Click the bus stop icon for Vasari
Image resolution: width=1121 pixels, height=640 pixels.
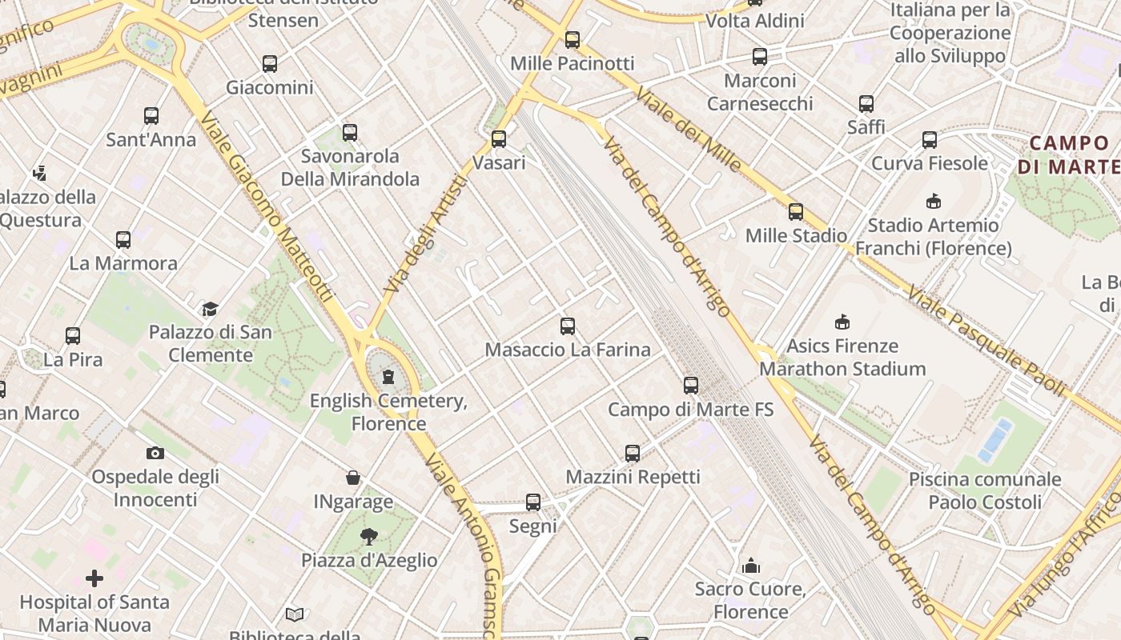point(499,139)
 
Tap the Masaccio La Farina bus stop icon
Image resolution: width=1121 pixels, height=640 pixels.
point(568,326)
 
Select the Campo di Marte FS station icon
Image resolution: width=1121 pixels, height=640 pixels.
point(691,386)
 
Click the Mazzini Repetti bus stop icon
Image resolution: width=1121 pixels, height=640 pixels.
point(633,454)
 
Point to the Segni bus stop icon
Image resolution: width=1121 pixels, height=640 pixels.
point(533,502)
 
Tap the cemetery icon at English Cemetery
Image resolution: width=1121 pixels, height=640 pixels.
point(388,376)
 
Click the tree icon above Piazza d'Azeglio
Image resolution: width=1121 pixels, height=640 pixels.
point(369,536)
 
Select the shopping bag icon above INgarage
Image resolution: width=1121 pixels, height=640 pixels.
point(353,478)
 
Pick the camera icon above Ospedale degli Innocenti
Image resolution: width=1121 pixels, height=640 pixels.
point(155,453)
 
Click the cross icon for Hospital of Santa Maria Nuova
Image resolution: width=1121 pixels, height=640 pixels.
point(94,578)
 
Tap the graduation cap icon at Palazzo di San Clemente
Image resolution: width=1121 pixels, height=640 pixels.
point(210,309)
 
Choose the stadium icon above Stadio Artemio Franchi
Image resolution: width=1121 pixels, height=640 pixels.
point(933,201)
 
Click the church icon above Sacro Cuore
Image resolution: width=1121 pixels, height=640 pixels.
point(751,566)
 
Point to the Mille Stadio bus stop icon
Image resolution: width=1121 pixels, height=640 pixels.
point(796,212)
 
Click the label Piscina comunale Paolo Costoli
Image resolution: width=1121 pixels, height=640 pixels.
point(985,490)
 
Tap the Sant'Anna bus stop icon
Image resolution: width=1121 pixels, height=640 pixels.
point(151,116)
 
